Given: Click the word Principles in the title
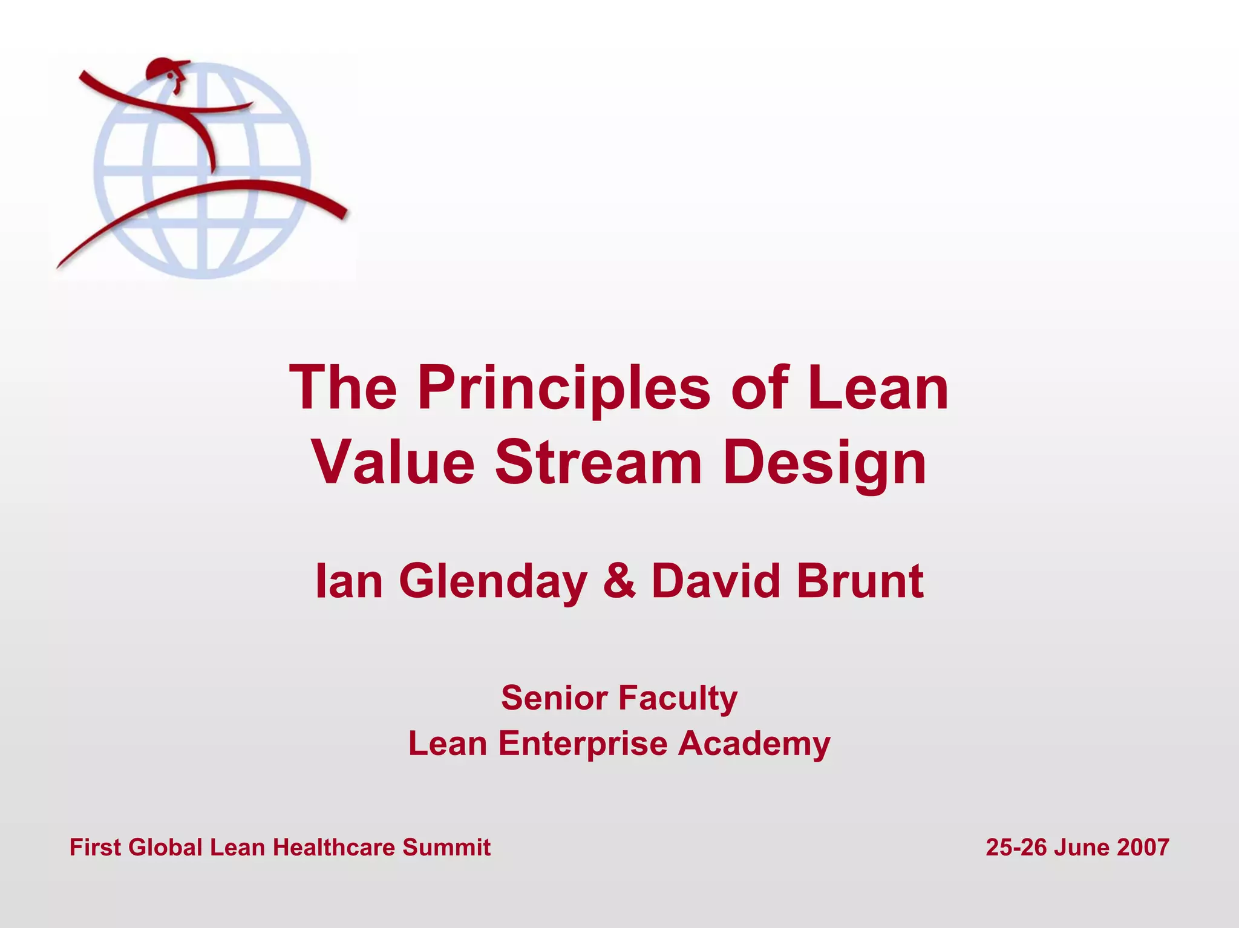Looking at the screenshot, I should (563, 388).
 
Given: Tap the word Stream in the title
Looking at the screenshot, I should (598, 463).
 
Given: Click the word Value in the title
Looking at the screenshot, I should (394, 463).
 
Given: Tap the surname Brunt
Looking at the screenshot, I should (860, 581).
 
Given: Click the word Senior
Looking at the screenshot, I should (554, 698).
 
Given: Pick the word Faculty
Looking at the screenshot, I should (678, 699).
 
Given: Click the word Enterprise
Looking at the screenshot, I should (583, 743).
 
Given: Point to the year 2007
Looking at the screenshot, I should (1143, 848).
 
